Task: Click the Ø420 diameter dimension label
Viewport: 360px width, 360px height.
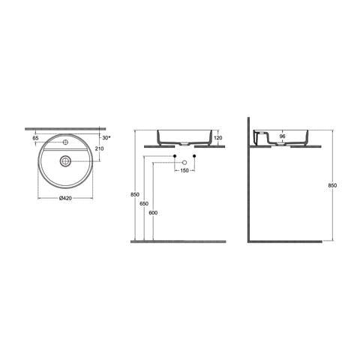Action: tap(65, 198)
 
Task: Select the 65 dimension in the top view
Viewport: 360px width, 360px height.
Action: tap(35, 138)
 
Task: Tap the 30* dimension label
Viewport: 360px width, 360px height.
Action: tap(106, 138)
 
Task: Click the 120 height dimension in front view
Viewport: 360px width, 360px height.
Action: tap(217, 138)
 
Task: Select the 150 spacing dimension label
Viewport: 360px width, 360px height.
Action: tap(184, 170)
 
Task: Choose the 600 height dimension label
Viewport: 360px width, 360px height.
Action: tap(154, 213)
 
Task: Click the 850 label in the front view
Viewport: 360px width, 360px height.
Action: tap(135, 195)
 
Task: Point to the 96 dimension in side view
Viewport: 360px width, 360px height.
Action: tap(282, 137)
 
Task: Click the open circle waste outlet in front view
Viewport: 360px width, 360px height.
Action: tap(184, 162)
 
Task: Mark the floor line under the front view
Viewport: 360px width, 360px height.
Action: tap(178, 241)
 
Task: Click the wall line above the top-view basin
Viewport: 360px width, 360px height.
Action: tap(65, 127)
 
